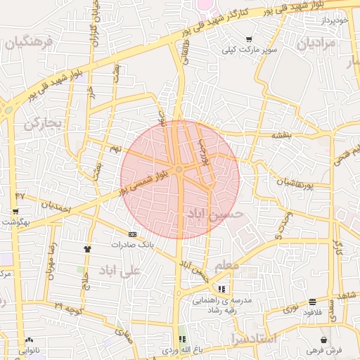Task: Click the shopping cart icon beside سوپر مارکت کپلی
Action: [248, 39]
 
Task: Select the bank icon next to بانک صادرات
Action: [132, 234]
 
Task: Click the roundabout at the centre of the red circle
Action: [180, 169]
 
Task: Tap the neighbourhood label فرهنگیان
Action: [29, 42]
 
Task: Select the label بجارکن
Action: [44, 124]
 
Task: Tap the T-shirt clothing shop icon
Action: [87, 248]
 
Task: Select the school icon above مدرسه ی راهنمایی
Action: [222, 288]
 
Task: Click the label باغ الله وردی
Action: [182, 349]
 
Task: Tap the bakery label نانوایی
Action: [29, 349]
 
